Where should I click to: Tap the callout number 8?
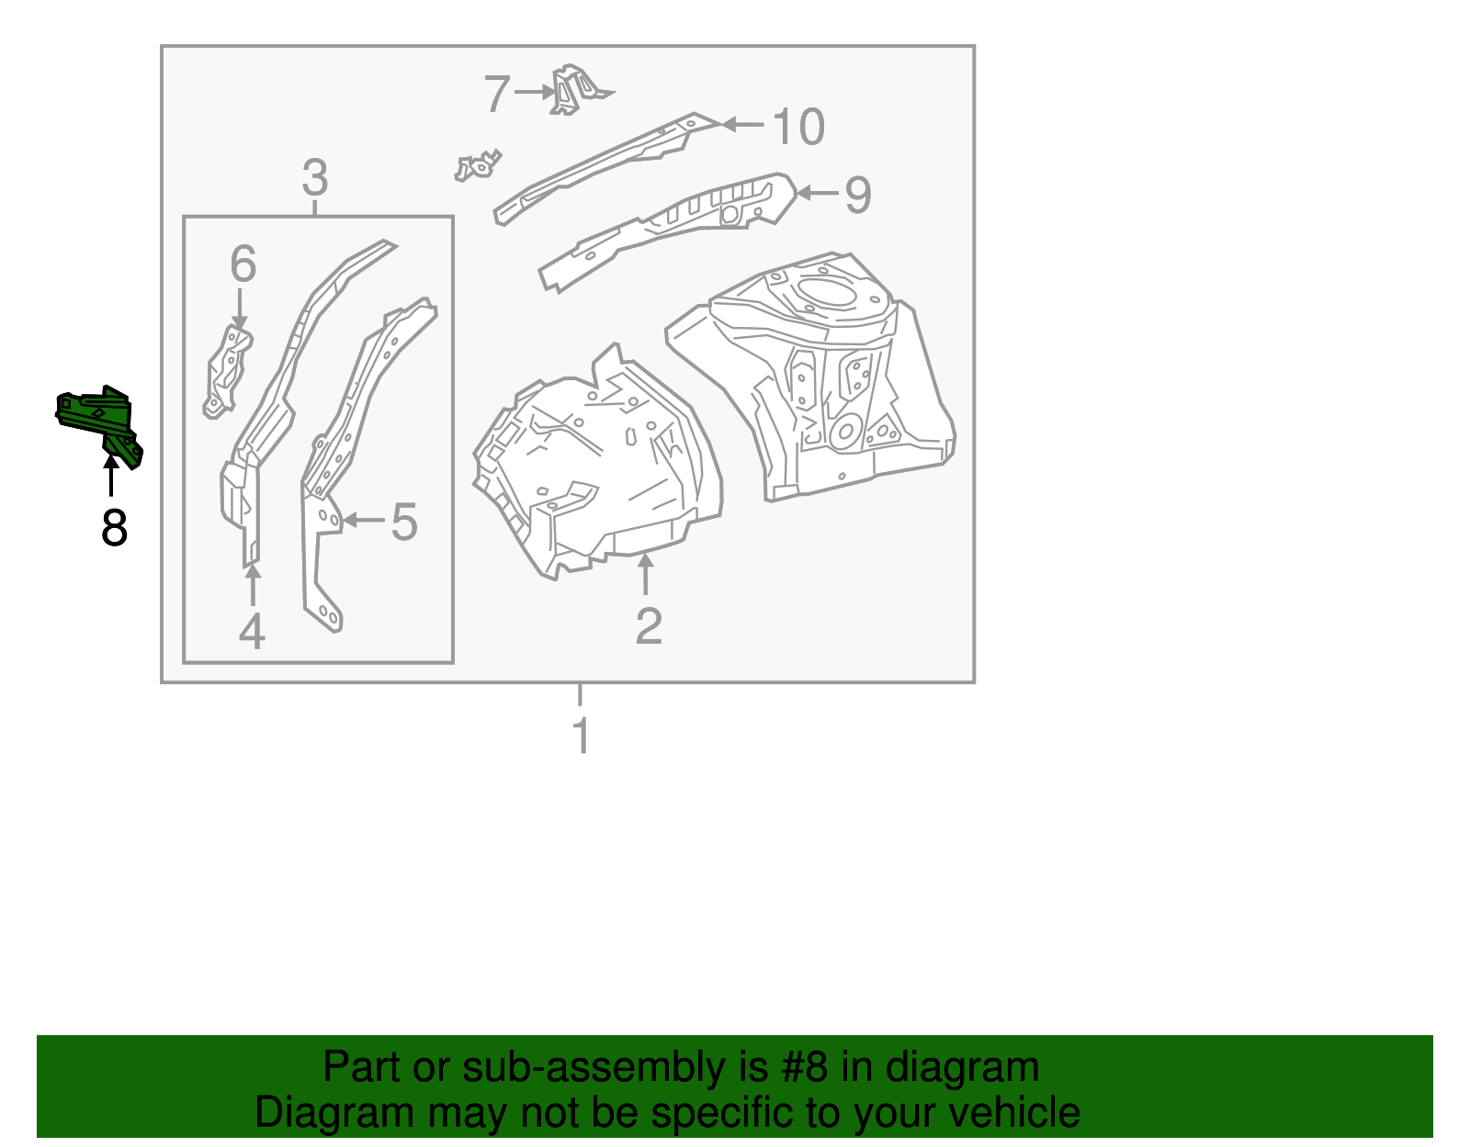coord(114,528)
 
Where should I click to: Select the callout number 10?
coord(798,127)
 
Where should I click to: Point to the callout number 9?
coord(857,195)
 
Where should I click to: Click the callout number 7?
coord(497,94)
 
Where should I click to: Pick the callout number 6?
coord(243,264)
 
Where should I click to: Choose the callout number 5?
coord(404,522)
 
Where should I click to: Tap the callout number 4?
coord(252,631)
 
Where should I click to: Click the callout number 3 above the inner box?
coord(314,177)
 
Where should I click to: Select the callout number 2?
coord(649,625)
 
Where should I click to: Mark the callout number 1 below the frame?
coord(581,736)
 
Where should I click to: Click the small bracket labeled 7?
coord(574,89)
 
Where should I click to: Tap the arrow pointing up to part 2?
coord(647,573)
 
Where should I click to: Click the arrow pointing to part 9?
coord(817,193)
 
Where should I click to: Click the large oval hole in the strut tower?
coord(828,291)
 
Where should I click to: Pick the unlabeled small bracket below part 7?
coord(478,166)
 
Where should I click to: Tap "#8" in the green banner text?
coord(805,1067)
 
